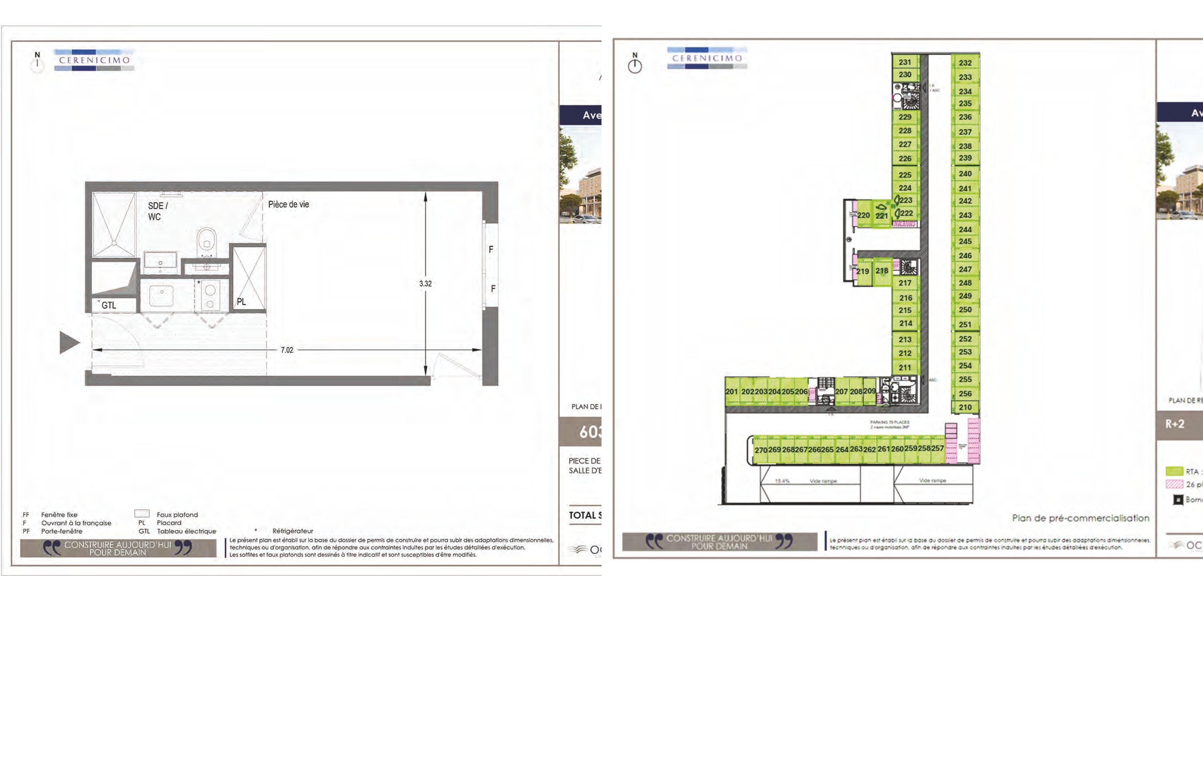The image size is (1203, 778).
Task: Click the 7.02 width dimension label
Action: pyautogui.click(x=287, y=349)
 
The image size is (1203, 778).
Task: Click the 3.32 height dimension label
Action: pyautogui.click(x=425, y=284)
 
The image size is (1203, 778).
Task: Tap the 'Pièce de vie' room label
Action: pyautogui.click(x=288, y=204)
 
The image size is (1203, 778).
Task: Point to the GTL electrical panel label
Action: pyautogui.click(x=109, y=305)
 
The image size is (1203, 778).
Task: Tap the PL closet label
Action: pyautogui.click(x=241, y=302)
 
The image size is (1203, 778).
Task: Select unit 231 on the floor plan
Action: pyautogui.click(x=905, y=62)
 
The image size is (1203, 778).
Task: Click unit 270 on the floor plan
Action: pyautogui.click(x=761, y=450)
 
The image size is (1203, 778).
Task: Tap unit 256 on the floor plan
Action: pyautogui.click(x=965, y=393)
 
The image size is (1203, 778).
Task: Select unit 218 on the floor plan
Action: pyautogui.click(x=882, y=271)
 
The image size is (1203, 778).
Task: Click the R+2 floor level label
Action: pyautogui.click(x=1175, y=424)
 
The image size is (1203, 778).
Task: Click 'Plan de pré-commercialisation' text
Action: pyautogui.click(x=1080, y=518)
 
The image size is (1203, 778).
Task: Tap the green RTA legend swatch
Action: pyautogui.click(x=1174, y=471)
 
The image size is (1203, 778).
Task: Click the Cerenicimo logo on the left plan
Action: pyautogui.click(x=95, y=59)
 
